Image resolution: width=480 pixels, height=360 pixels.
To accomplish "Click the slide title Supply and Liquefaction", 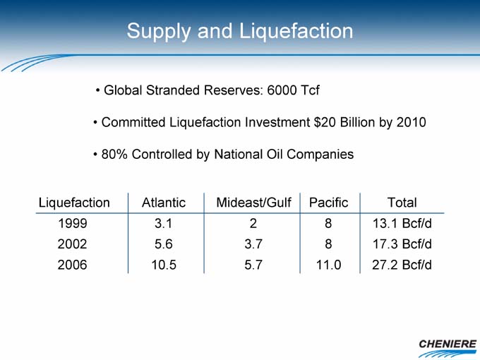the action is [240, 31].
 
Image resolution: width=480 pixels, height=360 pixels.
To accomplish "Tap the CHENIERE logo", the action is [448, 348].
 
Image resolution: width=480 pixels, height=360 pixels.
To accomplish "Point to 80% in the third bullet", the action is [114, 154].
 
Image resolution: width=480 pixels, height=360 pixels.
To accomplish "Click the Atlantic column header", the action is [164, 203].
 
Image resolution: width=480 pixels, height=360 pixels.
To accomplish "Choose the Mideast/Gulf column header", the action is [253, 203].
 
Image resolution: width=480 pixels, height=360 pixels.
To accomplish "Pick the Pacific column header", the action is [328, 203].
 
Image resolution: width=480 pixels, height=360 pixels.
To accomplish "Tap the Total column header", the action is [402, 203].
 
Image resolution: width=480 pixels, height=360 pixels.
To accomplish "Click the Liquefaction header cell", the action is [74, 203].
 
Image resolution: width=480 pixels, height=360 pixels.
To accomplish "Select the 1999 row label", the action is [73, 223].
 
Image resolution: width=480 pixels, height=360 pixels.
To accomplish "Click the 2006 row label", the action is [72, 265].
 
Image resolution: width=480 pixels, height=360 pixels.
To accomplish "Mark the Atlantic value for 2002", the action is [164, 244].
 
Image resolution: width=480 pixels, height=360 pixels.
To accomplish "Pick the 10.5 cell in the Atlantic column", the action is [164, 265].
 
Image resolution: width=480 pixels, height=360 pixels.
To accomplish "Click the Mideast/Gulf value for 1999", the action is [253, 223].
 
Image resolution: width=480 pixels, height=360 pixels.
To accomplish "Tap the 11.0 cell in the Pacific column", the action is [328, 265].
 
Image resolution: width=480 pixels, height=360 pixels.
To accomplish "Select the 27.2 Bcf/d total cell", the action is [402, 265].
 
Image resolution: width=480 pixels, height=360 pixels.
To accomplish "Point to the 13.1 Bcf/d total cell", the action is [402, 223].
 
